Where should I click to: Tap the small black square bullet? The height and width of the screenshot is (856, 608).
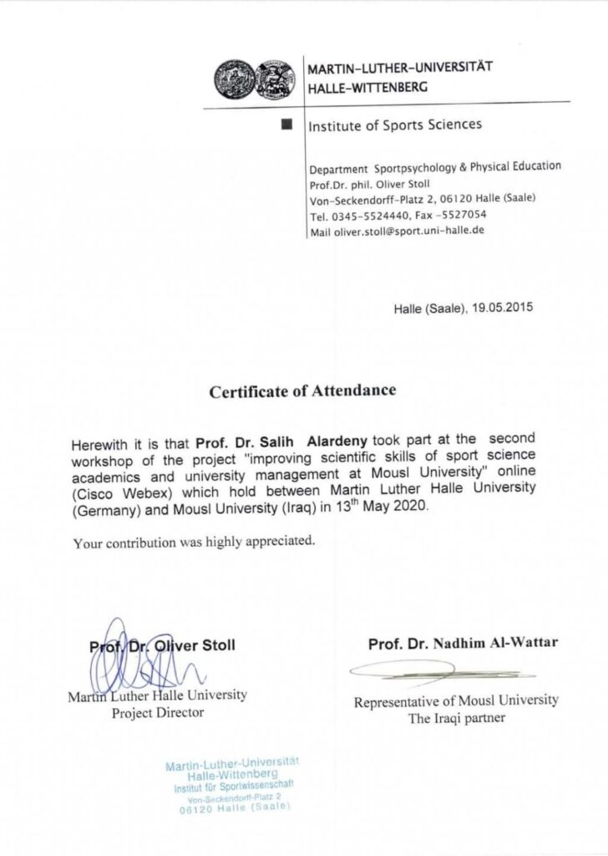coord(288,125)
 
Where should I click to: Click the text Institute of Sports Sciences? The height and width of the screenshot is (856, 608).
coord(395,126)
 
